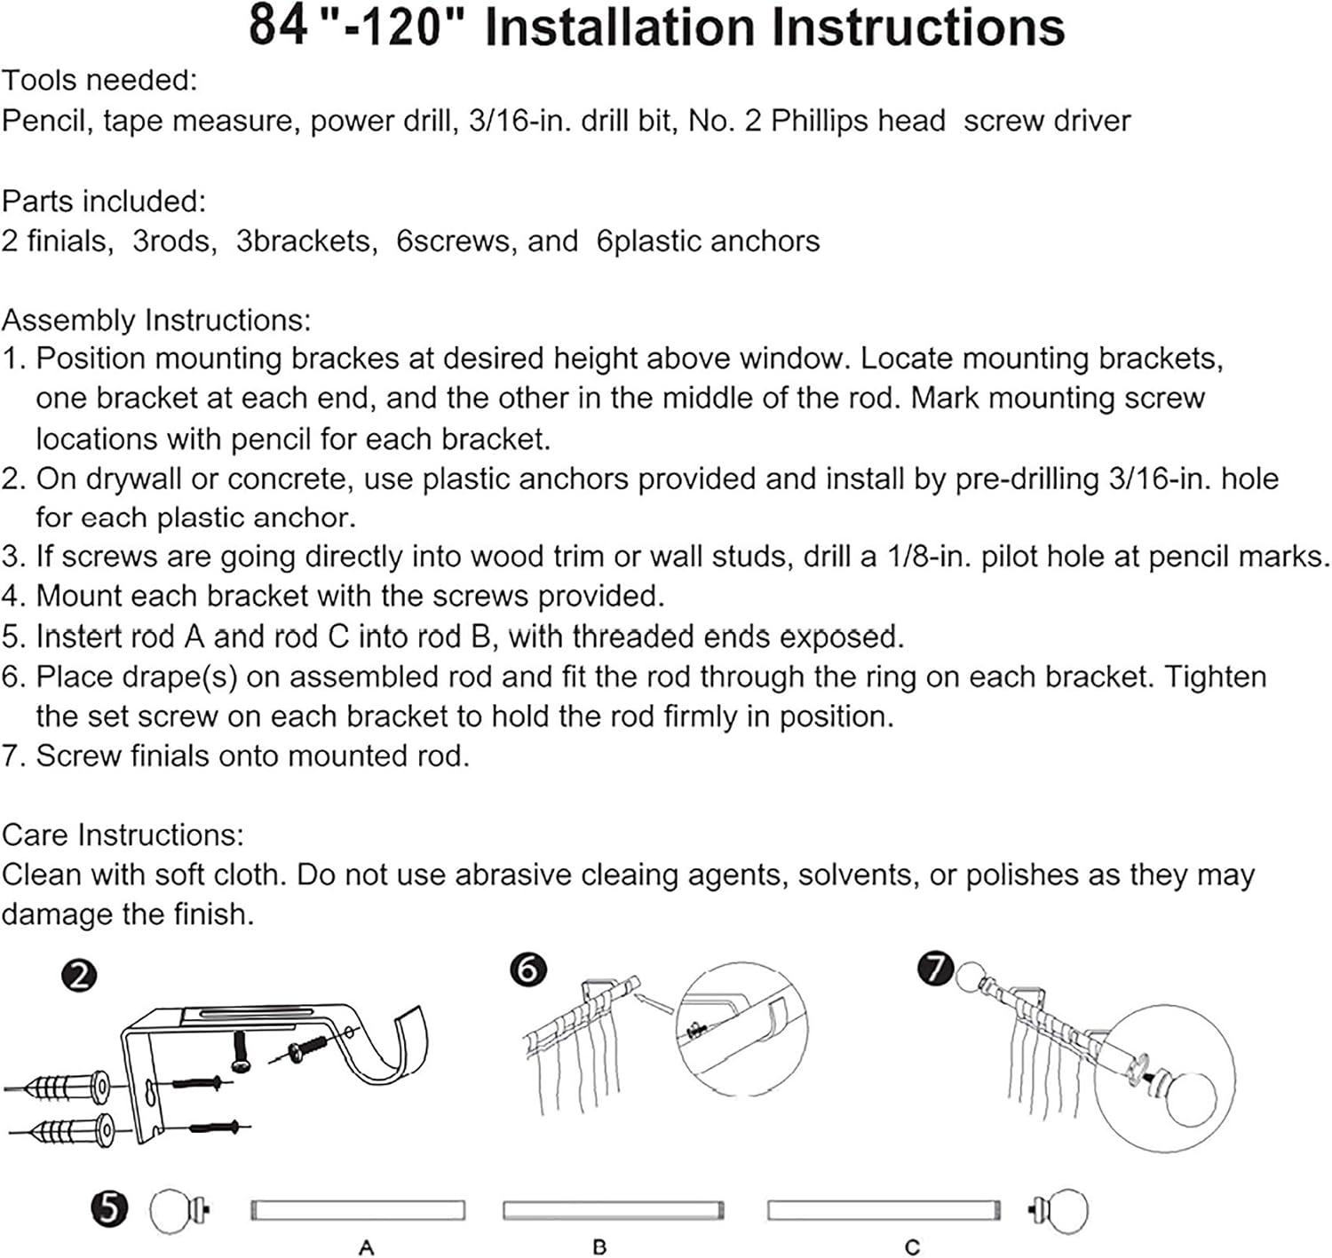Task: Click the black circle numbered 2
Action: pyautogui.click(x=79, y=977)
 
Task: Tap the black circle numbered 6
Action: pyautogui.click(x=528, y=969)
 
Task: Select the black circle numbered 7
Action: pyautogui.click(x=935, y=968)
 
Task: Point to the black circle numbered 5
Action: pyautogui.click(x=109, y=1208)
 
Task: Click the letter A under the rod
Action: pyautogui.click(x=366, y=1247)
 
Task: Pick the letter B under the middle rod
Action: pyautogui.click(x=599, y=1247)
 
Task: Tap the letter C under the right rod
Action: pyautogui.click(x=912, y=1247)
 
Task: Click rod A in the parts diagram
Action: pyautogui.click(x=357, y=1210)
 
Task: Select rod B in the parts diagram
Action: pyautogui.click(x=613, y=1210)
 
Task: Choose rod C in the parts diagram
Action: pyautogui.click(x=884, y=1210)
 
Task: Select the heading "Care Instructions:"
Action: pyautogui.click(x=123, y=835)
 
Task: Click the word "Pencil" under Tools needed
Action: pyautogui.click(x=46, y=120)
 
